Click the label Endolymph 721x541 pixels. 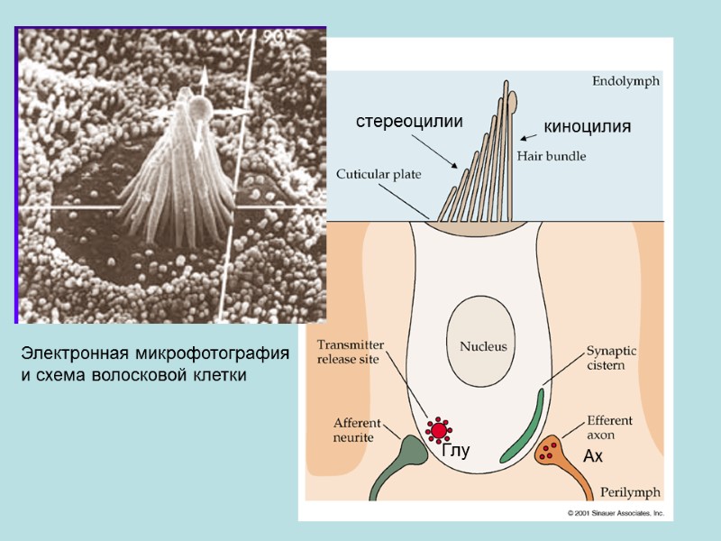[625, 80]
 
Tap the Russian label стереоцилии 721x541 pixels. [407, 121]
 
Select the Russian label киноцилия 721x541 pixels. [587, 127]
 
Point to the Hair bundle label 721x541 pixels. [552, 156]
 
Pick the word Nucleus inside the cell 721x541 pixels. [483, 345]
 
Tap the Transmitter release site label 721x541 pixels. [351, 351]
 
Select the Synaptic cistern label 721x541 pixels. [612, 358]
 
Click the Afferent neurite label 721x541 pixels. [357, 429]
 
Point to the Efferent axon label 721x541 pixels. [610, 427]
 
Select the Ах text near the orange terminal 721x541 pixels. [592, 458]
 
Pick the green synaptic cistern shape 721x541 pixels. [523, 424]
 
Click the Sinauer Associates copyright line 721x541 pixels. [615, 512]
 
